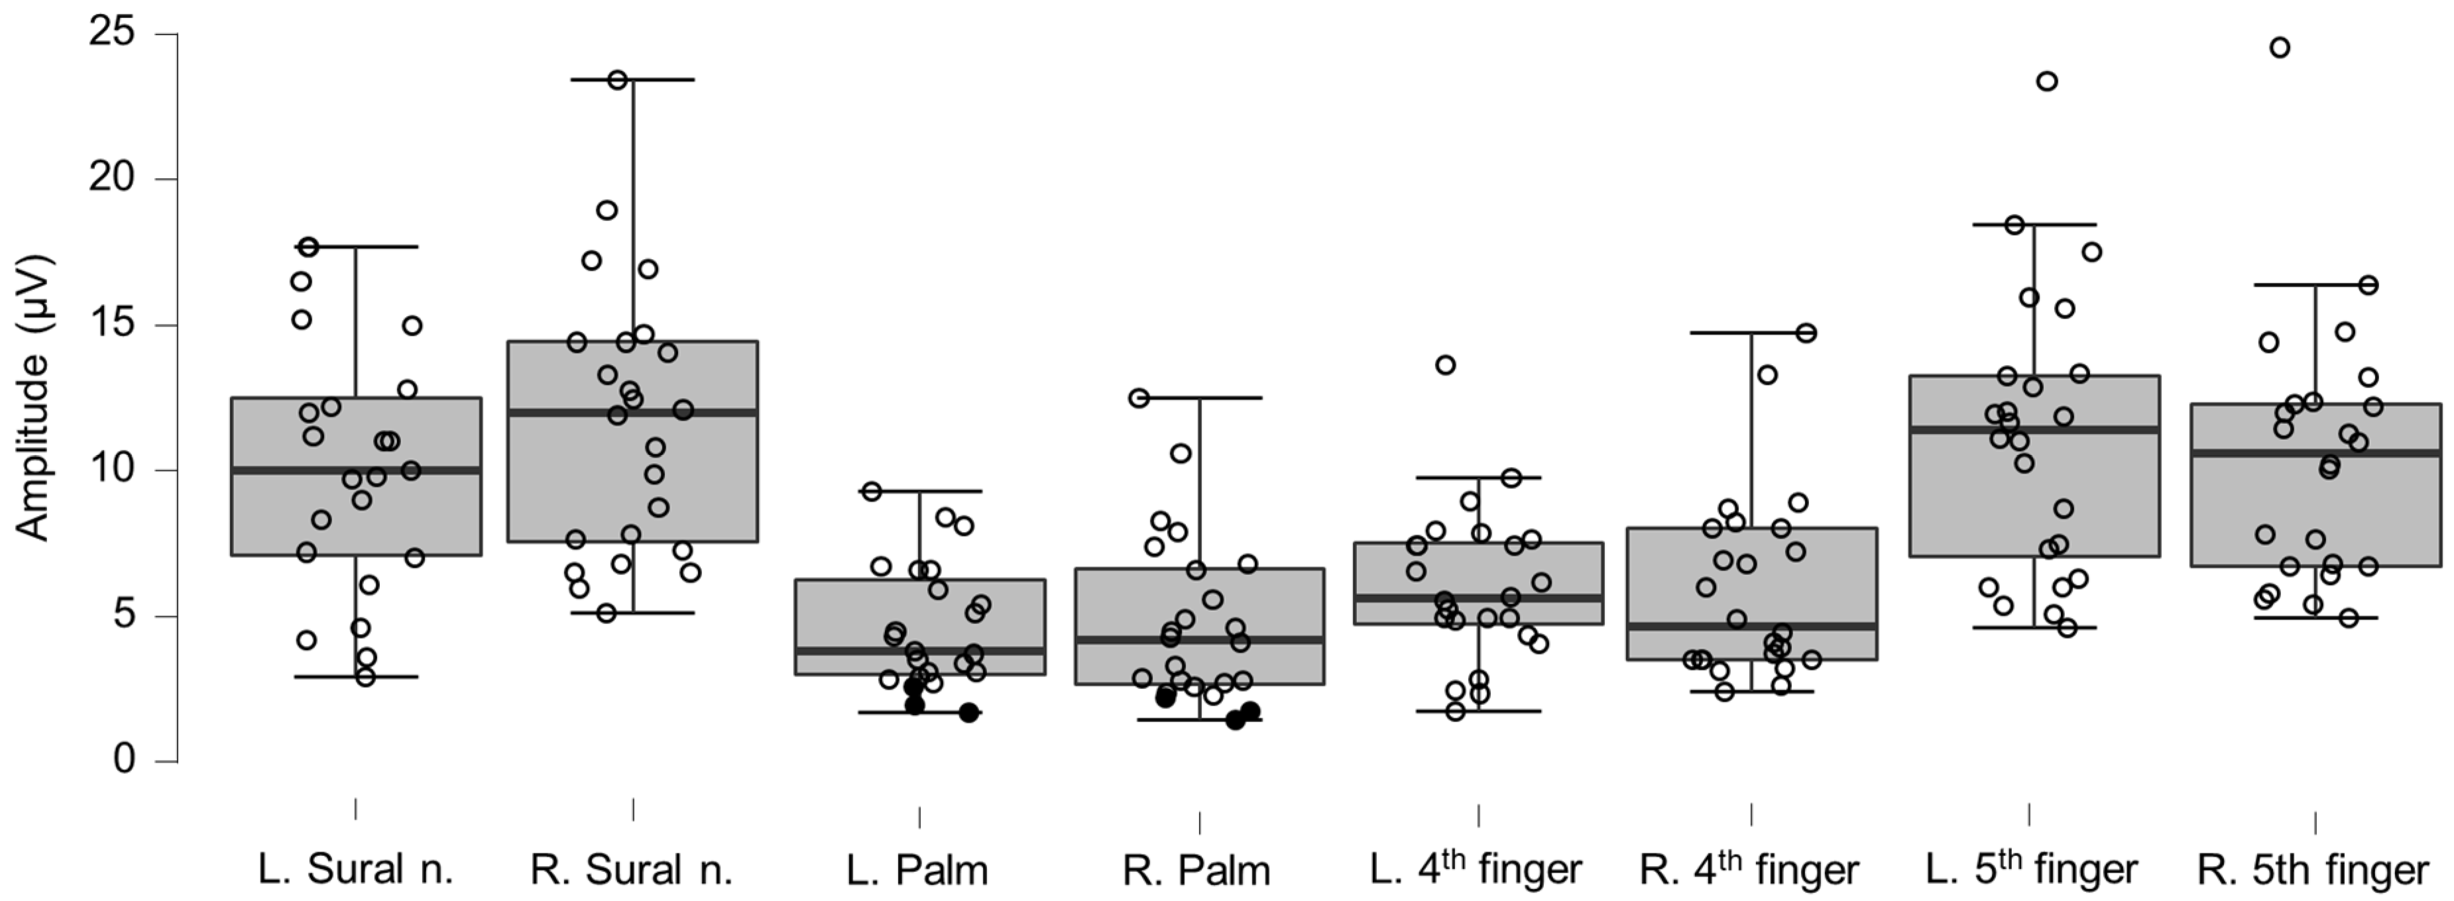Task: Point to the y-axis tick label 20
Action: (113, 178)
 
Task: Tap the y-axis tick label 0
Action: (124, 760)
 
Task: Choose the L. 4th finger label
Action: (1475, 868)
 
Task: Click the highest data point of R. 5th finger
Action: (2280, 48)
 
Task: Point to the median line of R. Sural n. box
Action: (632, 412)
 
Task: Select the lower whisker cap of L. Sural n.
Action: (355, 677)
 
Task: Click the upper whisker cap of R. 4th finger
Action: (1751, 333)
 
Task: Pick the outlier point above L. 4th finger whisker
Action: (1445, 365)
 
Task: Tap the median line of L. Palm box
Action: (920, 651)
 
